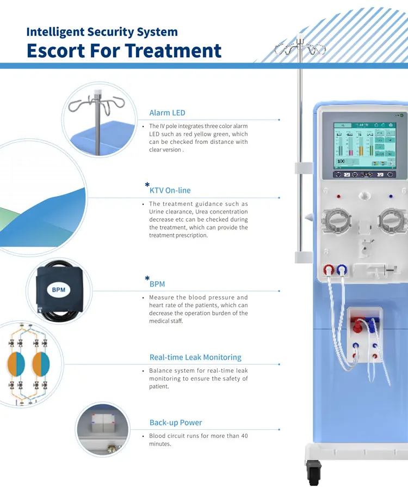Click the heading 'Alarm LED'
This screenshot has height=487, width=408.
167,113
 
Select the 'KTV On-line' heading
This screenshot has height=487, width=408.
170,191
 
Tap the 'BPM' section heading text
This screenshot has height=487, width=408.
157,284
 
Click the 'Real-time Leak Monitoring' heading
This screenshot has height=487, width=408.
195,357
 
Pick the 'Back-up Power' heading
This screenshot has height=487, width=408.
176,423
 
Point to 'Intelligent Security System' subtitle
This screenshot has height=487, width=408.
102,32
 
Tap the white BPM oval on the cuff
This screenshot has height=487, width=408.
58,289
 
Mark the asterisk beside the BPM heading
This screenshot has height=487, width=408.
147,279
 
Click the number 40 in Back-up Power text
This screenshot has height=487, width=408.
244,436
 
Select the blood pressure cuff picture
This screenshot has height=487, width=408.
57,291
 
